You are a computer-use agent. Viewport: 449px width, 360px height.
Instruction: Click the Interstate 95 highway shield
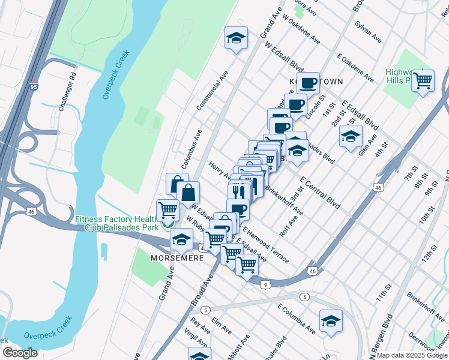coord(34,87)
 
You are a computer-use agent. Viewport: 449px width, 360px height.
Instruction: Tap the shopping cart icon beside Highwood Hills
coord(423,80)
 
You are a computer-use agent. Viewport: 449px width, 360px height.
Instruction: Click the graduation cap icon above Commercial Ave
coord(236,38)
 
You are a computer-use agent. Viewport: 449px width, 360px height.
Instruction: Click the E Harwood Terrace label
coord(265,244)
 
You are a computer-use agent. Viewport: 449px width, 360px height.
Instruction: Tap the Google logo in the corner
coord(20,353)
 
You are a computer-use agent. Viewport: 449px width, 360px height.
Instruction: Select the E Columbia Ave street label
coord(296,319)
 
